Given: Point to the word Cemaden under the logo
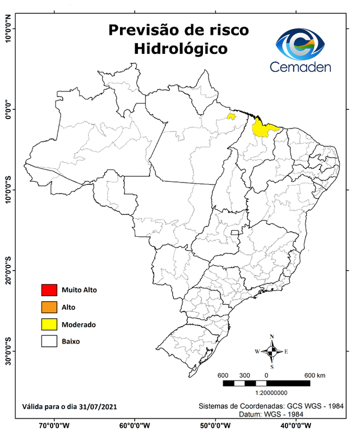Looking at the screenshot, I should point(300,67).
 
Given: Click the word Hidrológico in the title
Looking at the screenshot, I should point(181,49).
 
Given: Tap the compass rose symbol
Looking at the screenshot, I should point(271,351).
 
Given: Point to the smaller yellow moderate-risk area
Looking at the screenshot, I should point(230,117).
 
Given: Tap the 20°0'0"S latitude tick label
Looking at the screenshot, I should point(8,270).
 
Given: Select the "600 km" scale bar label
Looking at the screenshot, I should point(315,375).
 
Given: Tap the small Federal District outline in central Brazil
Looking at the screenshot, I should point(236,232).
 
